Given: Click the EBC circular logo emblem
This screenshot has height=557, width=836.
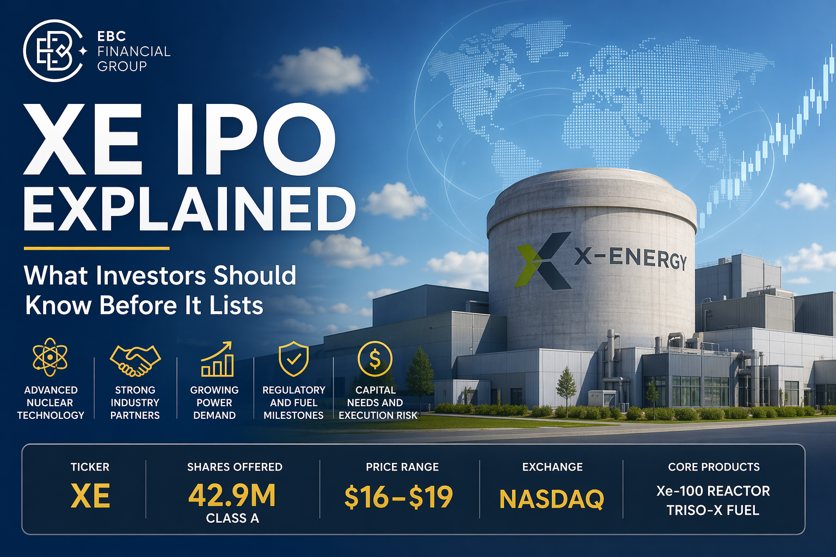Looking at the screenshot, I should [52, 51].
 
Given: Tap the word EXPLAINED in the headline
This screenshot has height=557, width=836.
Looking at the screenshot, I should [189, 209].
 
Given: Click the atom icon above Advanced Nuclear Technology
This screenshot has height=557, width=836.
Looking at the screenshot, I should [50, 357].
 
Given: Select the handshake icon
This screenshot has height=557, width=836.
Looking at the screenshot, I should [135, 360].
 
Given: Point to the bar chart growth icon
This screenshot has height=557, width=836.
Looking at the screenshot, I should [217, 360].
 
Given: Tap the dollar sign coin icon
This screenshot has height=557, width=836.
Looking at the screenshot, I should [375, 358].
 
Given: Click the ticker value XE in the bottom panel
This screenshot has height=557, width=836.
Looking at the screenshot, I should [90, 497].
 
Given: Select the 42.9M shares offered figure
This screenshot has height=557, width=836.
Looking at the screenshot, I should [232, 496].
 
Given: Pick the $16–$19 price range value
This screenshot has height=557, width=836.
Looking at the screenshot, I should [399, 497].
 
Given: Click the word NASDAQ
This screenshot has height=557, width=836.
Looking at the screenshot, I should [551, 499].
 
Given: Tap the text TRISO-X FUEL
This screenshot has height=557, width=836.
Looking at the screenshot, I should [712, 510].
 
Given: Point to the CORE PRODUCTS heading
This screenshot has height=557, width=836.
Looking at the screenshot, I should [714, 467].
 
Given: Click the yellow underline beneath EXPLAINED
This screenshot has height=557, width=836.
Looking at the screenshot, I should [96, 248].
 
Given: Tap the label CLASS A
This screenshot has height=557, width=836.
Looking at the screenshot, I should [232, 518].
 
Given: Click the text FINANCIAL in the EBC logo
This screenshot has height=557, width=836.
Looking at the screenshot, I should [134, 51].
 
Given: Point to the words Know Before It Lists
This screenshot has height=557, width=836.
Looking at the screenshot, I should [144, 305].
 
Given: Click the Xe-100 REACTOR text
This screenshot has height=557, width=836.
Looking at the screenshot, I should [713, 491].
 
